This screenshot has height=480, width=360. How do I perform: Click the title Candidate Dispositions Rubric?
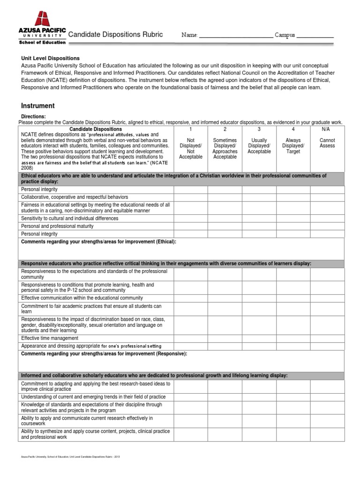(x=116, y=34)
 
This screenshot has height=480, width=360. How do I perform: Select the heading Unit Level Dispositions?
(x=50, y=59)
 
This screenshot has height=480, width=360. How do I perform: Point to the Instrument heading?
(x=37, y=106)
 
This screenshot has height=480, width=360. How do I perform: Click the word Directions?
(x=34, y=116)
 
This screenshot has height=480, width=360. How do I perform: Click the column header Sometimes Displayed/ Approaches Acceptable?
(x=225, y=145)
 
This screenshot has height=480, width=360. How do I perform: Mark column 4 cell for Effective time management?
(x=293, y=338)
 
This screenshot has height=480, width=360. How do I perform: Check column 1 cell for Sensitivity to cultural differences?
(x=191, y=218)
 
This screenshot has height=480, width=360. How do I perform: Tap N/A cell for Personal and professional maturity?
(x=327, y=226)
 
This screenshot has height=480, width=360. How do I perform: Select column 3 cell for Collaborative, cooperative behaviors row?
(x=259, y=197)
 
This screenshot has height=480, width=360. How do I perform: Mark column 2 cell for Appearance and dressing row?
(x=225, y=346)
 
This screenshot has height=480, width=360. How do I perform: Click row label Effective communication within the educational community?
(x=82, y=298)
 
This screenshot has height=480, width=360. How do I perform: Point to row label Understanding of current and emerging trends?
(x=93, y=397)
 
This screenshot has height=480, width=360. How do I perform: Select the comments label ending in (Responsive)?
(x=104, y=353)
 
